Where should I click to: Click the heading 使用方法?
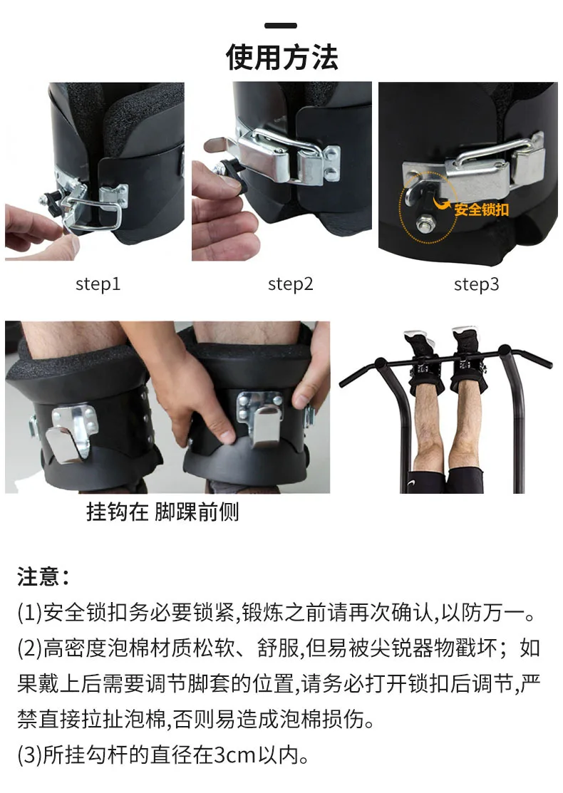(x=281, y=57)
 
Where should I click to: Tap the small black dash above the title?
(x=281, y=26)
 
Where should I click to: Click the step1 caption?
(x=98, y=284)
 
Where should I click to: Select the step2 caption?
(x=290, y=284)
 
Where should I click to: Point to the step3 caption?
(x=477, y=284)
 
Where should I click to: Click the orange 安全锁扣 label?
(x=481, y=209)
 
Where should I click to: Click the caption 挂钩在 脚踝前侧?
(x=162, y=512)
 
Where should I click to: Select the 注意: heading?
(x=43, y=576)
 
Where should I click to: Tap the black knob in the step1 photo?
(x=50, y=199)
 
